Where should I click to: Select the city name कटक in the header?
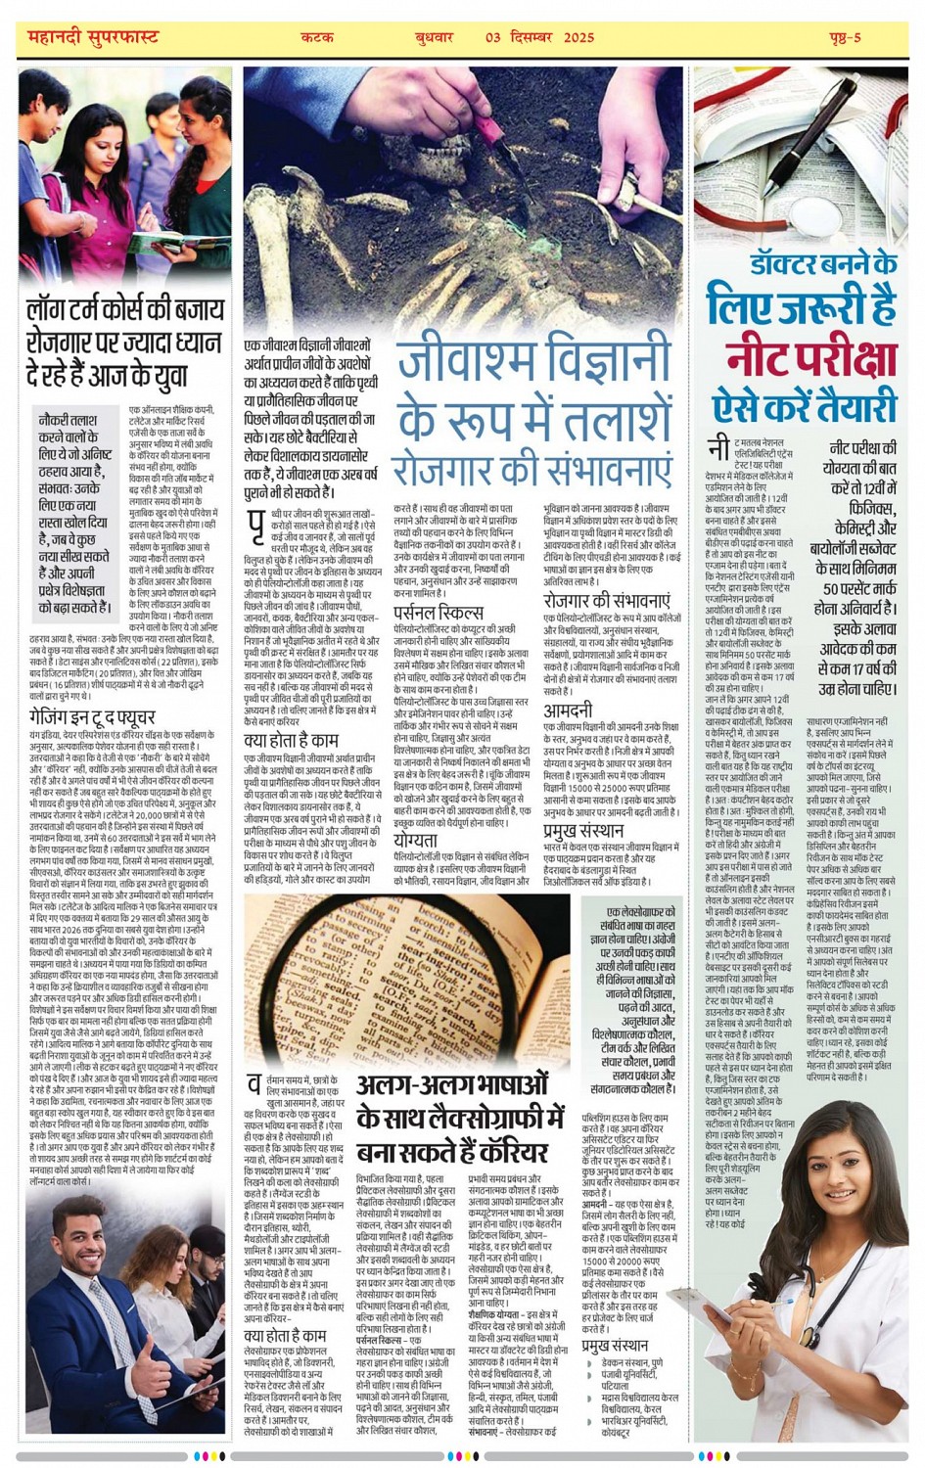click(317, 37)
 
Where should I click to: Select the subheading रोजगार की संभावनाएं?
click(607, 600)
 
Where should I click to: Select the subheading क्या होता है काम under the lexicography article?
click(285, 1336)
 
